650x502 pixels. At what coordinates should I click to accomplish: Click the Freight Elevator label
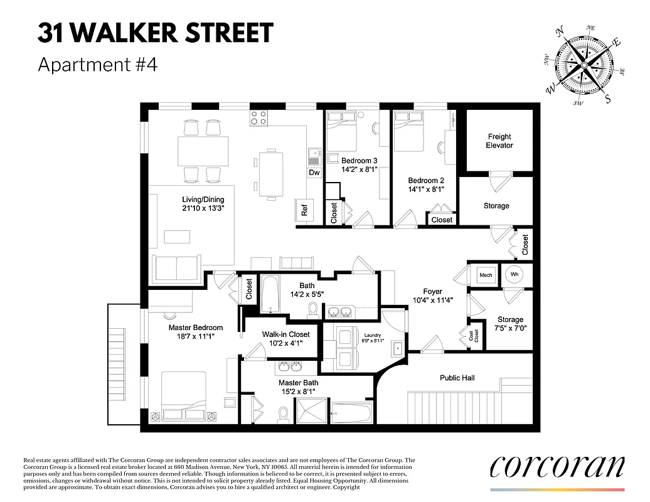(x=499, y=141)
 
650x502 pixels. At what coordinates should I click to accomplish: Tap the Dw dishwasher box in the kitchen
(x=314, y=173)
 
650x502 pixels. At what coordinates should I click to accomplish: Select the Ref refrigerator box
(x=305, y=211)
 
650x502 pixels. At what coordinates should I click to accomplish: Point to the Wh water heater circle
(x=514, y=274)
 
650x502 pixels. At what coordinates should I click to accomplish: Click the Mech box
(x=486, y=275)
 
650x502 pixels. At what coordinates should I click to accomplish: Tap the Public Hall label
(x=457, y=378)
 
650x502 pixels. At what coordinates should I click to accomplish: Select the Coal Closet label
(x=474, y=336)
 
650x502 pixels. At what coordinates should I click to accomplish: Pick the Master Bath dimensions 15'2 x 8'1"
(x=298, y=392)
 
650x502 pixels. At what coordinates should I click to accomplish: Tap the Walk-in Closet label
(x=286, y=334)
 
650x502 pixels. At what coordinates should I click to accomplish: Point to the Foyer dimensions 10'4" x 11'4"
(x=432, y=300)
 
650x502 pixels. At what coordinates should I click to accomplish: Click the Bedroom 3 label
(x=359, y=161)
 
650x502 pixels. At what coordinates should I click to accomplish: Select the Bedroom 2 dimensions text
(x=426, y=188)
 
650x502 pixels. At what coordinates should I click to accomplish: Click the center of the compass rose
(x=583, y=65)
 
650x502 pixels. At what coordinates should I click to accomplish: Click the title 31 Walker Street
(x=156, y=33)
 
